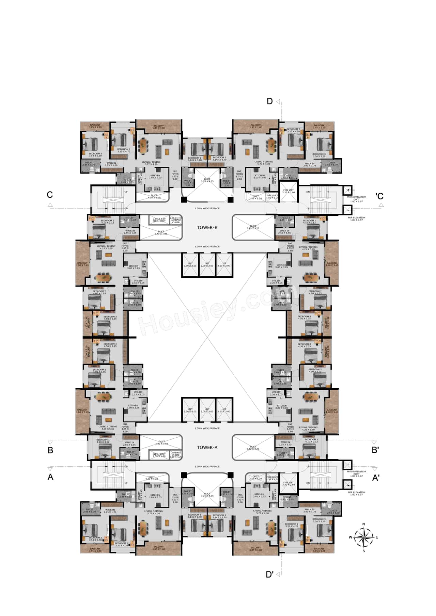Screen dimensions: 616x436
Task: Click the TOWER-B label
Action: coord(207,227)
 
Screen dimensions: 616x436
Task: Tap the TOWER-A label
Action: coord(207,448)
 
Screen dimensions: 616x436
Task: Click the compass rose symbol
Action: coord(363,537)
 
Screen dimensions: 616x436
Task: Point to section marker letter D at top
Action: coord(269,101)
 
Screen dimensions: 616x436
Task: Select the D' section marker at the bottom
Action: coord(269,574)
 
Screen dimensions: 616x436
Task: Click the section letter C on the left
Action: coord(50,195)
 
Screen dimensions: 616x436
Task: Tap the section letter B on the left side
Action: coord(50,450)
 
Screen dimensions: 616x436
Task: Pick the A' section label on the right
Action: coord(375,478)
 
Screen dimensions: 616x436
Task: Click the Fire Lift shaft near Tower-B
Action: coord(289,191)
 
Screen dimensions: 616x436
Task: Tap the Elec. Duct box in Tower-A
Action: coord(159,455)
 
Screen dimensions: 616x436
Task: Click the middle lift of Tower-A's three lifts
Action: coord(207,410)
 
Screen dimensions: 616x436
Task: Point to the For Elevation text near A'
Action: coord(356,493)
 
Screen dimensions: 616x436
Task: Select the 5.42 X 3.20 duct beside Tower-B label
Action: coord(253,227)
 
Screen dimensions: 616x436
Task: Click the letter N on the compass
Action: coord(363,524)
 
